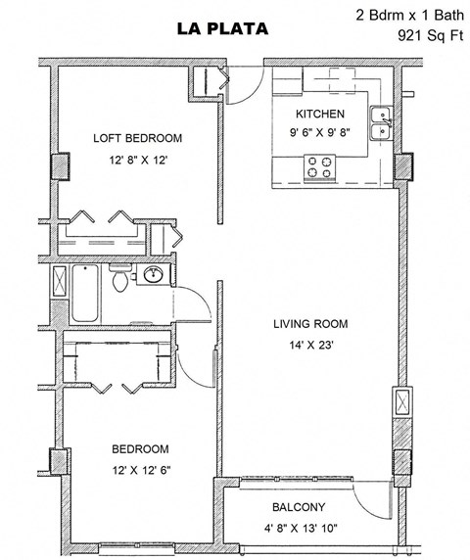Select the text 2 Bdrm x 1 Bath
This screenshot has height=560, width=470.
[x=409, y=16]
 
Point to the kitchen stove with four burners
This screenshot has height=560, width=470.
[x=319, y=167]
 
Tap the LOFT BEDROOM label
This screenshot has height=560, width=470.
[x=137, y=137]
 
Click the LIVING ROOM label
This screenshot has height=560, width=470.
[x=309, y=324]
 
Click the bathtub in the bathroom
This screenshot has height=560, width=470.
[x=84, y=293]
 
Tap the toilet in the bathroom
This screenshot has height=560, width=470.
[x=118, y=283]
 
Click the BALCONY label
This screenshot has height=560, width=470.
[x=298, y=506]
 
